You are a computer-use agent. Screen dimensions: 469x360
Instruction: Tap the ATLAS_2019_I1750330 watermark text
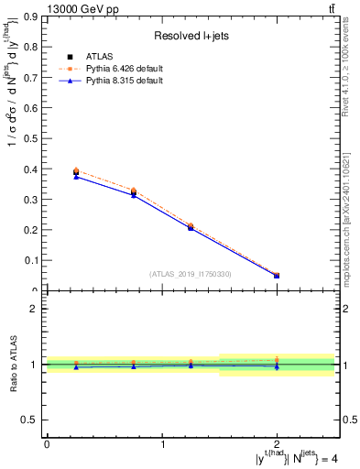[x=190, y=274]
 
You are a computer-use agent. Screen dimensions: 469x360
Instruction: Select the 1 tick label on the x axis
[x=163, y=444]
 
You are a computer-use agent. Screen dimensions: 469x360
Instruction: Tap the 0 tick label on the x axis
[x=47, y=444]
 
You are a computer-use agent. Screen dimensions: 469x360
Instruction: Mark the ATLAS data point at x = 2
[x=277, y=276]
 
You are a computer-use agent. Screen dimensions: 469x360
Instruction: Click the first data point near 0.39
[x=76, y=172]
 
